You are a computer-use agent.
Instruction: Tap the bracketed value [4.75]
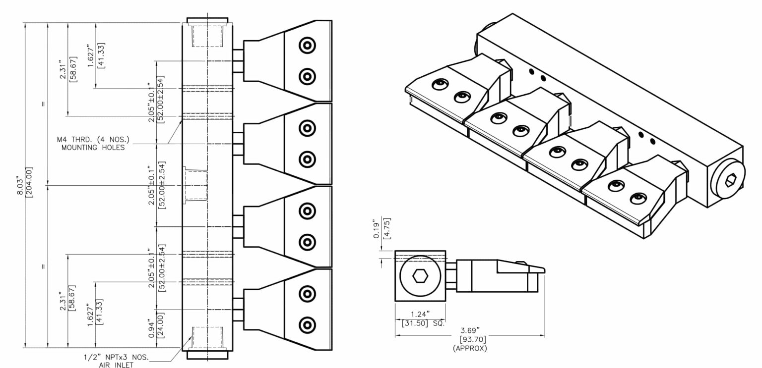tap(387, 228)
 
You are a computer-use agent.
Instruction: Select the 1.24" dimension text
tap(420, 314)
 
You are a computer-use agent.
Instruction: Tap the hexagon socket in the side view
tap(420, 275)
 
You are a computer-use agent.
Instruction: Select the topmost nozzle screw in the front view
tap(307, 46)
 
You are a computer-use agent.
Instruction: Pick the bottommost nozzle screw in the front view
tap(307, 325)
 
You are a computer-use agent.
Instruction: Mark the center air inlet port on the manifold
tap(195, 185)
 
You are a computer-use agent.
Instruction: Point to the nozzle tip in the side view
tap(540, 270)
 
